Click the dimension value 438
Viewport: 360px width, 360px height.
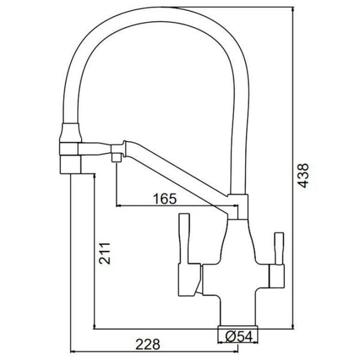(303, 176)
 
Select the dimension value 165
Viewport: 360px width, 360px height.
(166, 199)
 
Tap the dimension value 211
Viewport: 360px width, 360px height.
(104, 253)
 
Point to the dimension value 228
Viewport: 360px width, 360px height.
(148, 344)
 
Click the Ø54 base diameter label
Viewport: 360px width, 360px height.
(239, 336)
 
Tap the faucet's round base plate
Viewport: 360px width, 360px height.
(238, 327)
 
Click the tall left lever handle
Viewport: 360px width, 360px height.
(184, 238)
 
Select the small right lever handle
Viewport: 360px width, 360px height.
(279, 248)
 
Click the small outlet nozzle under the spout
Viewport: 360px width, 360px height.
(116, 158)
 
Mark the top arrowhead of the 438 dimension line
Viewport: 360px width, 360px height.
(293, 9)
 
